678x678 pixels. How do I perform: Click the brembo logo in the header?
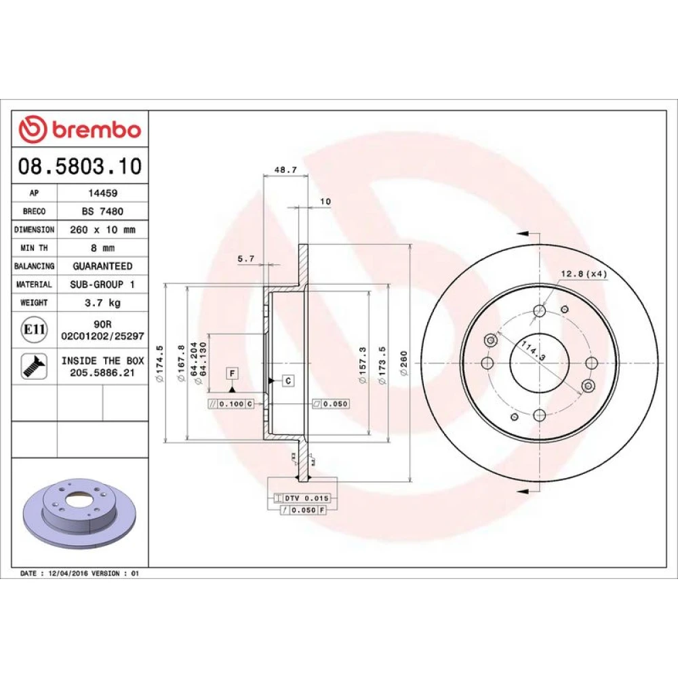pyautogui.click(x=80, y=129)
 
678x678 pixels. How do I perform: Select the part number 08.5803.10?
pyautogui.click(x=80, y=166)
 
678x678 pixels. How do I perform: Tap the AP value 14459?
pyautogui.click(x=103, y=193)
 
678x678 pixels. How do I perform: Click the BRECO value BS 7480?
pyautogui.click(x=102, y=211)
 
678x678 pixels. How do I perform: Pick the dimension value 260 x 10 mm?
pyautogui.click(x=102, y=230)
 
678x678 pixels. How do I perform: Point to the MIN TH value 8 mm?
pyautogui.click(x=102, y=247)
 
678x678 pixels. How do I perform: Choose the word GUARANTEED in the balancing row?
pyautogui.click(x=102, y=266)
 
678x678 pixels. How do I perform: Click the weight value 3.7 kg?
pyautogui.click(x=102, y=302)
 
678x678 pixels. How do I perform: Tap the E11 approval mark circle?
pyautogui.click(x=34, y=330)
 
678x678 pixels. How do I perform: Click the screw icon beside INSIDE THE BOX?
pyautogui.click(x=34, y=366)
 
